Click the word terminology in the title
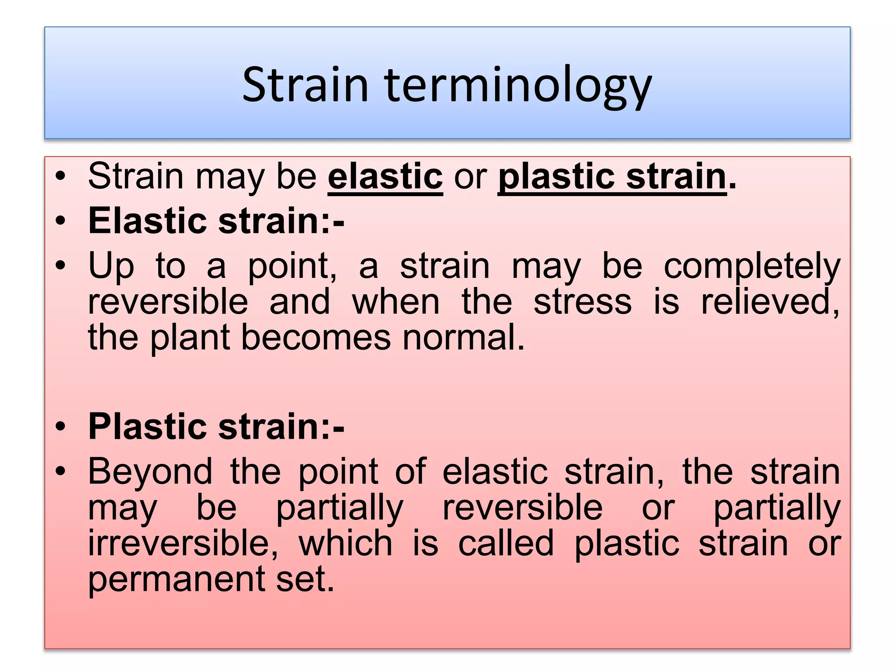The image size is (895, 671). (518, 85)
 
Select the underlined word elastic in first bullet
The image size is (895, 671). (385, 176)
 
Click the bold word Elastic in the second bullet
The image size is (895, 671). (147, 221)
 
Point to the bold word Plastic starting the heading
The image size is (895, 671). (147, 426)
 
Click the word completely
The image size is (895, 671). (752, 266)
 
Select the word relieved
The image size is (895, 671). (770, 302)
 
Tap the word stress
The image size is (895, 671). (583, 302)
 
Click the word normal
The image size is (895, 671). (463, 338)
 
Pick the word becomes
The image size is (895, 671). (316, 338)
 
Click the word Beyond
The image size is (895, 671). (150, 471)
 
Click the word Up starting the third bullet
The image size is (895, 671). (111, 266)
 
